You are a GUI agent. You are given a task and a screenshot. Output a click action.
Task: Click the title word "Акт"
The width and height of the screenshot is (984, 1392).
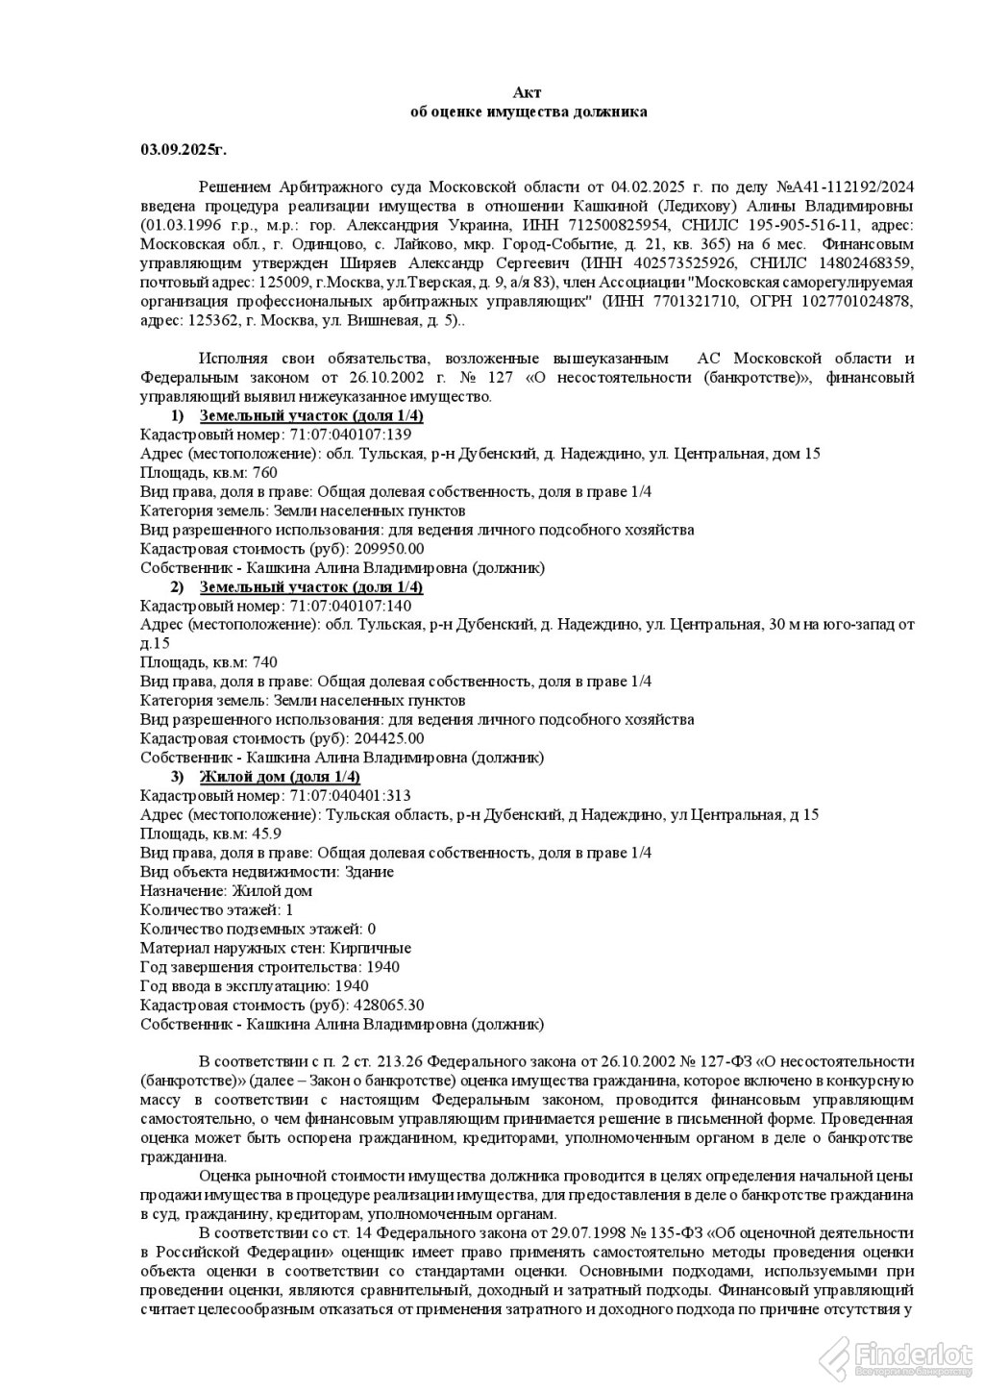click(x=528, y=92)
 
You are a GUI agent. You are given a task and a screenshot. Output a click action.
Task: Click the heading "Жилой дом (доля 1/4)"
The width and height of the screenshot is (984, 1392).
click(x=279, y=777)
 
